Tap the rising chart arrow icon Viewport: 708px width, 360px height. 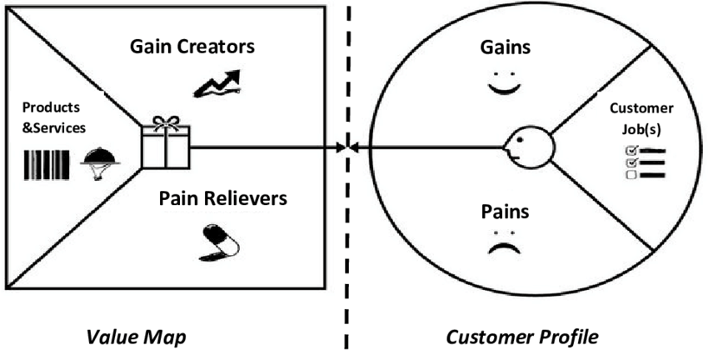pyautogui.click(x=215, y=82)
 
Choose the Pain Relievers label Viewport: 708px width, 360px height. pyautogui.click(x=222, y=198)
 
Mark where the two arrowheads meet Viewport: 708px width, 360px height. pyautogui.click(x=347, y=148)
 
